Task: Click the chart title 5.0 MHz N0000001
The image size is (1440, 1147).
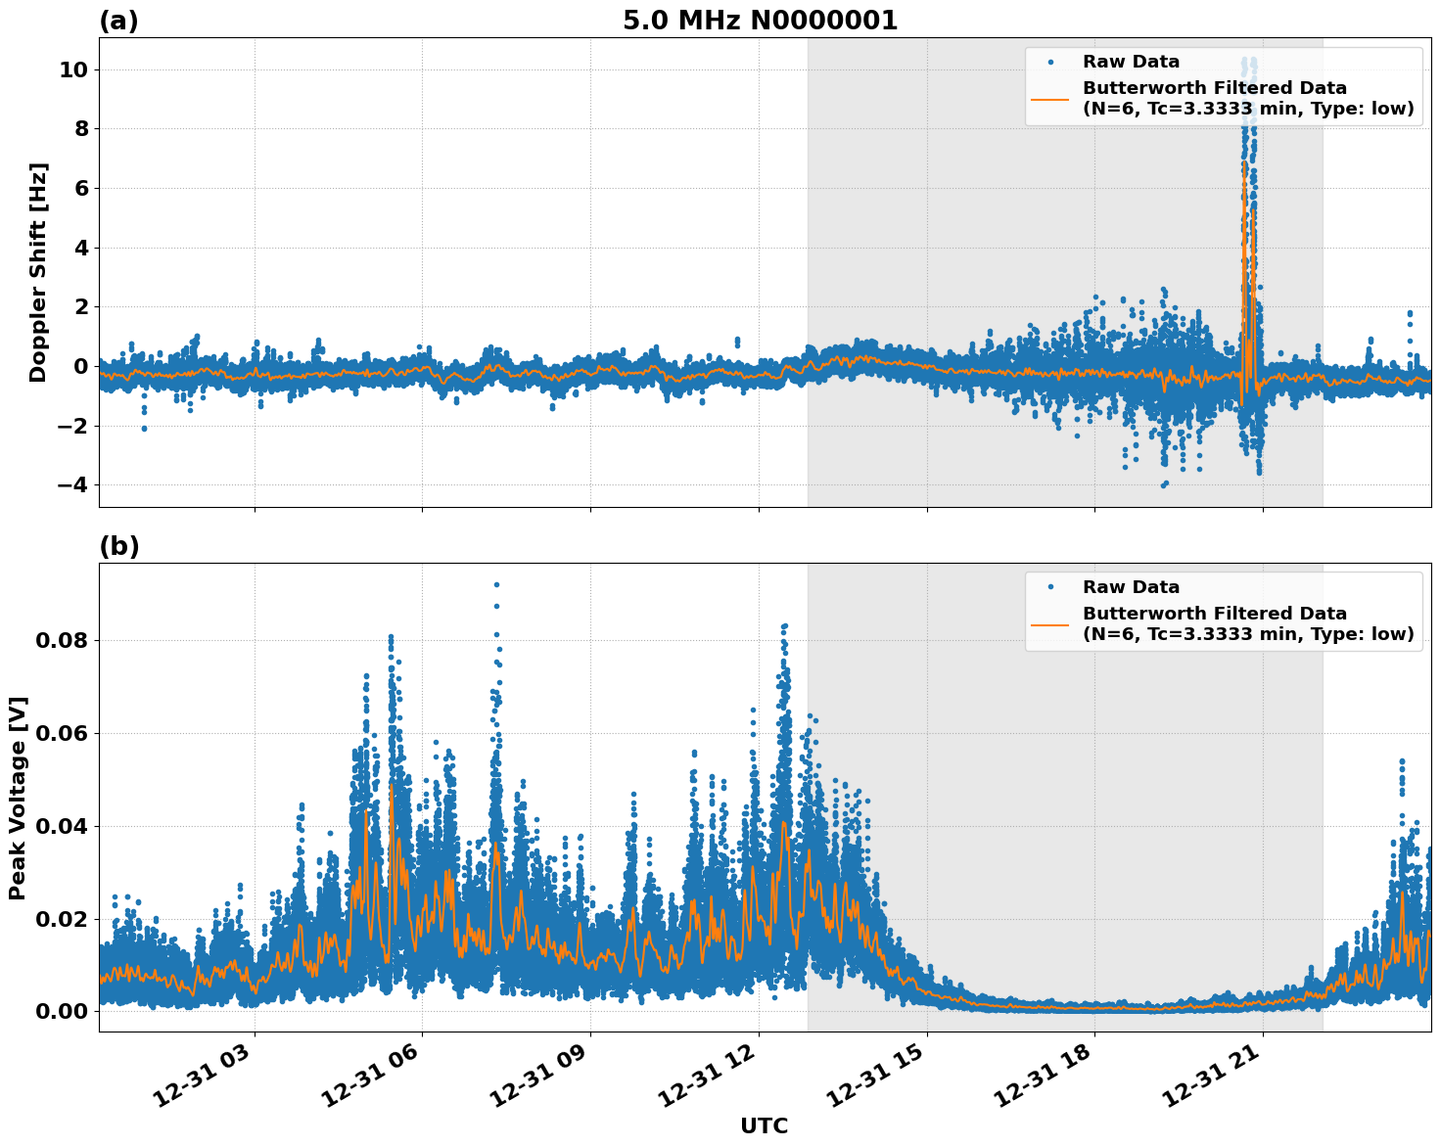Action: [x=760, y=21]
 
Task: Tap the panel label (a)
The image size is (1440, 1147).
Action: [x=118, y=21]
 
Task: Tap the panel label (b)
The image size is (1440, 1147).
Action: [x=118, y=546]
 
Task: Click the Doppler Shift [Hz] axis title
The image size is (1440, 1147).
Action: [x=38, y=272]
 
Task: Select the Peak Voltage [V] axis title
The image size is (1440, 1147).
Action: [x=18, y=798]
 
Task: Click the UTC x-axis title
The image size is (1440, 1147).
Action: [x=764, y=1125]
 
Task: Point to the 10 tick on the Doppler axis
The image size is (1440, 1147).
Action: [x=74, y=69]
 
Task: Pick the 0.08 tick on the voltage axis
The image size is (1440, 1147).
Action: [x=63, y=641]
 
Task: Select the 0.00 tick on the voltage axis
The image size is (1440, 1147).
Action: [x=63, y=1011]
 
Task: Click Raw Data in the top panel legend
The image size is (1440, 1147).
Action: [x=1131, y=63]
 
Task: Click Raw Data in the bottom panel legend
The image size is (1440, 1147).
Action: [x=1131, y=587]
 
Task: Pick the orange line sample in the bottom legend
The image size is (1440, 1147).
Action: [x=1049, y=623]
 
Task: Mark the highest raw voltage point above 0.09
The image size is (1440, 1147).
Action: [x=496, y=584]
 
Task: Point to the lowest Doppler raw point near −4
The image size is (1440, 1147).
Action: [x=1163, y=485]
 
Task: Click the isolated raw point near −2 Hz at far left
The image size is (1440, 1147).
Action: [x=144, y=428]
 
